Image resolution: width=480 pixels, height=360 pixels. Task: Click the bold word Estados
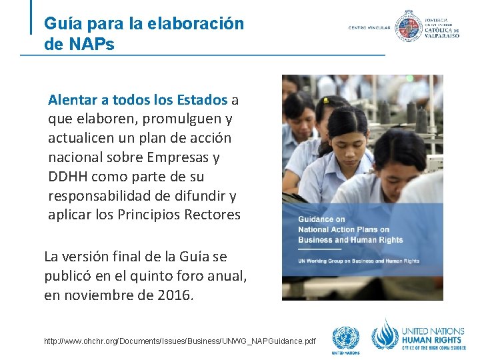tap(203, 100)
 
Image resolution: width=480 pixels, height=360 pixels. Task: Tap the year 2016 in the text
tap(173, 295)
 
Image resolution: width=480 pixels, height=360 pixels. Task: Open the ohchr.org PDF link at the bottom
tap(180, 341)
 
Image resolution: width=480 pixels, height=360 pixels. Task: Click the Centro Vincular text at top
tap(369, 28)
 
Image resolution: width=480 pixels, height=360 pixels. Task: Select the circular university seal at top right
tap(408, 26)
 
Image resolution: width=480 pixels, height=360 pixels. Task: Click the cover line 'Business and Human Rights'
tap(350, 240)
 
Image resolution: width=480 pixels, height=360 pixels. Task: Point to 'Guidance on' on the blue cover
tap(321, 219)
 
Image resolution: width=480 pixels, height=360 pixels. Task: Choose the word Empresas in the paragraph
tap(190, 157)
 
